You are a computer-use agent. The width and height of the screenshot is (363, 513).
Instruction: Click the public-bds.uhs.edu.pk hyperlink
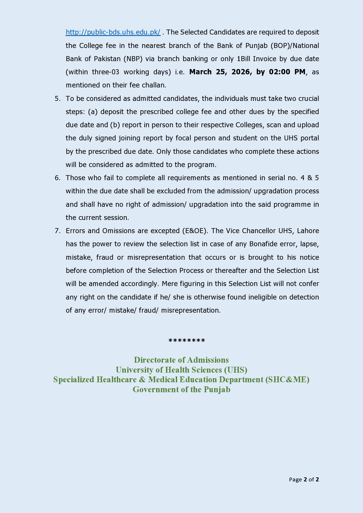click(113, 32)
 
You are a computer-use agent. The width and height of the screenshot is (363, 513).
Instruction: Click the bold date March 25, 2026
click(220, 72)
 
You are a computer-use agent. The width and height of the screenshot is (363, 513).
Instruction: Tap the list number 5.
click(57, 99)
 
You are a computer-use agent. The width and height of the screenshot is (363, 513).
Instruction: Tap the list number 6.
click(57, 178)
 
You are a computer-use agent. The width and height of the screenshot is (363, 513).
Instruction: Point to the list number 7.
click(57, 231)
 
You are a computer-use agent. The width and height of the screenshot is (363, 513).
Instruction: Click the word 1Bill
click(244, 59)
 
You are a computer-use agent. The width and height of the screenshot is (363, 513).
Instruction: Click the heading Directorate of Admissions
click(181, 360)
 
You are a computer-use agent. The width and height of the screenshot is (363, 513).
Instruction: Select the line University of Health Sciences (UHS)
click(181, 370)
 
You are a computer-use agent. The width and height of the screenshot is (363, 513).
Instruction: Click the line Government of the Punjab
click(181, 390)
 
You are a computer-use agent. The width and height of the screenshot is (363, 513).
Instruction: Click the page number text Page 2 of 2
click(304, 479)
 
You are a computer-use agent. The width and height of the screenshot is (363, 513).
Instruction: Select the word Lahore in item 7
click(308, 231)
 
